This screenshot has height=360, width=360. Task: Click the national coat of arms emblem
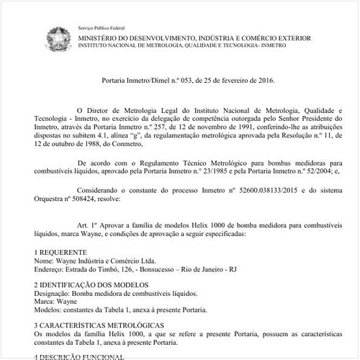coord(58,37)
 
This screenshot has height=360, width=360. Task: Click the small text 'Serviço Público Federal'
coord(102,27)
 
